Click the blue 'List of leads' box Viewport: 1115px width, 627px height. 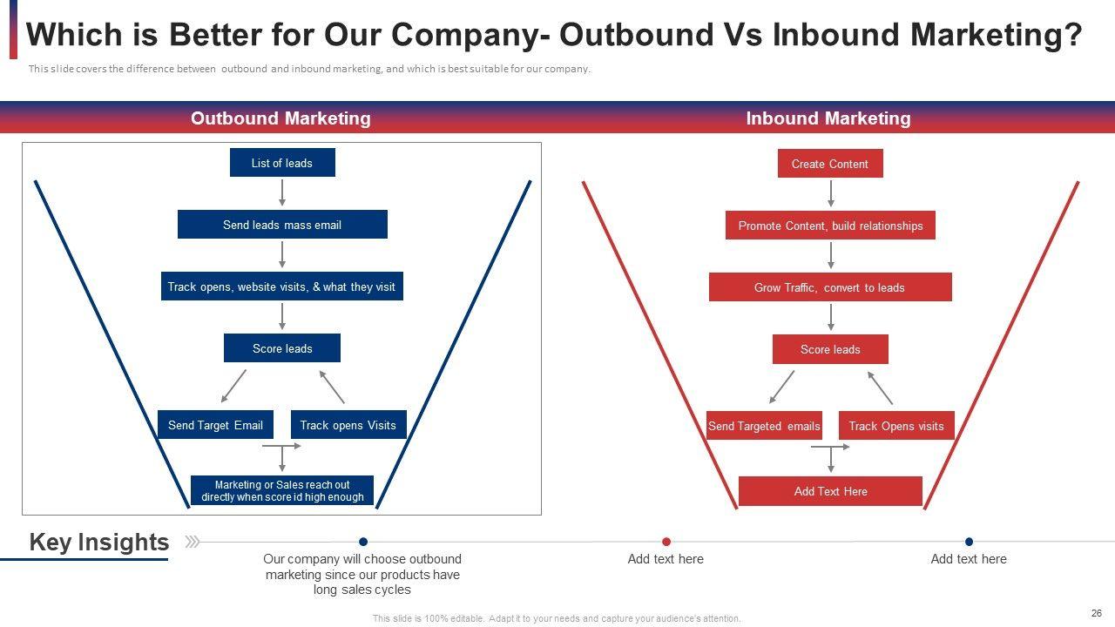282,163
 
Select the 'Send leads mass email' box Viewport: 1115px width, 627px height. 282,225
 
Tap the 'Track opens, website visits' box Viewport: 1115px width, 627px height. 282,287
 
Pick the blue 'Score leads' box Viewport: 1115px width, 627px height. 282,348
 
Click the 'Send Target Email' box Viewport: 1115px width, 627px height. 215,425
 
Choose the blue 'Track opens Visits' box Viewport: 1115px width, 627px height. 348,425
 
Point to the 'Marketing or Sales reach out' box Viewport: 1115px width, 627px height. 282,491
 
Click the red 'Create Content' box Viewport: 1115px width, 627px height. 830,164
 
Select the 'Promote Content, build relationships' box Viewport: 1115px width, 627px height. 830,226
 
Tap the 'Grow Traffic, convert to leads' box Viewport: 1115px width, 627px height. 830,287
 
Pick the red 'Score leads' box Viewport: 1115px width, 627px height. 830,349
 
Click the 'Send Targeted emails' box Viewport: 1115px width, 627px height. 764,426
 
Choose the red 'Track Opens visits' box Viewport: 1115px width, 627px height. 896,426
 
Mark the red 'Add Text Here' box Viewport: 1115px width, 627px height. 830,491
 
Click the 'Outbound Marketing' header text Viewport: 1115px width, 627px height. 280,118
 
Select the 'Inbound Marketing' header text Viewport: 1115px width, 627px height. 828,118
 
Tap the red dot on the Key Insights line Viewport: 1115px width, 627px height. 666,542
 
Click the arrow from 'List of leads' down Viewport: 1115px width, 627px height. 282,192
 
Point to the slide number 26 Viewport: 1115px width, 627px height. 1096,613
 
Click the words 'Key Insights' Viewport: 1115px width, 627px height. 99,542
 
